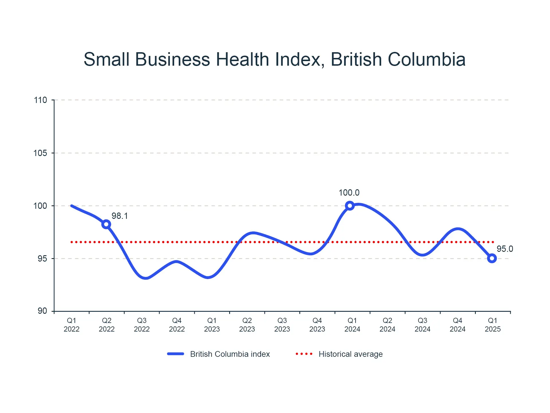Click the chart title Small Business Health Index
274,59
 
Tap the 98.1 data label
120,216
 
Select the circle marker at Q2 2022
106,224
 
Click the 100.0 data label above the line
349,193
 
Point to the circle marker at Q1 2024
349,206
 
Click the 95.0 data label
505,249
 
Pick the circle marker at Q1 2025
492,258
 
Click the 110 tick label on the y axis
40,100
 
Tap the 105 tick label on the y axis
40,153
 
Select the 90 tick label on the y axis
42,311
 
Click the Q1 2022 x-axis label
72,325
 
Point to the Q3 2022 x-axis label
142,325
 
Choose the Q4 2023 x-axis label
317,325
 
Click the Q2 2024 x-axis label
387,325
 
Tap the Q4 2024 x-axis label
457,325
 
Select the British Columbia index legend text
230,354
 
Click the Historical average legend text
351,354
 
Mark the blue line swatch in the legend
176,354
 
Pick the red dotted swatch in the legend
304,354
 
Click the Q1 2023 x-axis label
212,325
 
